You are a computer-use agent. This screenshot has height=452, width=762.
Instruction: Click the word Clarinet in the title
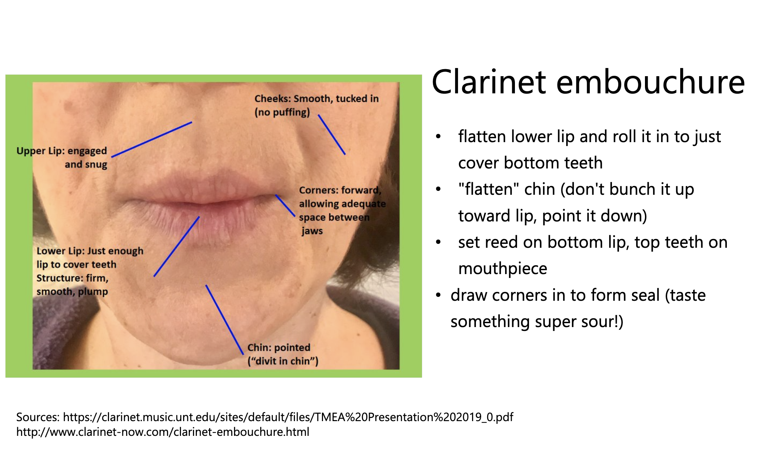[x=489, y=82]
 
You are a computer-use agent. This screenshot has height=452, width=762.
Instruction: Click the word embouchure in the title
[x=650, y=82]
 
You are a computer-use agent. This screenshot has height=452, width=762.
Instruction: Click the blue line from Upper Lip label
[x=151, y=139]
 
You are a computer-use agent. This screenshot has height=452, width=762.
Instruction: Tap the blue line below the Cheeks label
[x=331, y=134]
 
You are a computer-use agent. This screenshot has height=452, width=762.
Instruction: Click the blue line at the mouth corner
[x=285, y=205]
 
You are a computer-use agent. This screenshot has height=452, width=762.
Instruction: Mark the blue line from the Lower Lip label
[x=177, y=246]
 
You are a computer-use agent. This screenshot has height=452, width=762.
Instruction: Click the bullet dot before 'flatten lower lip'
[x=438, y=137]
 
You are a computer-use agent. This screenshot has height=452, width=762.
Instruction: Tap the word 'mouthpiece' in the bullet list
[x=503, y=269]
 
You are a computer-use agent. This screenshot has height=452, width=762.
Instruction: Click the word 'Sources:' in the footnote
[x=38, y=417]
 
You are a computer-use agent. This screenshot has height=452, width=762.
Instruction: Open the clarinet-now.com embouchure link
[x=163, y=432]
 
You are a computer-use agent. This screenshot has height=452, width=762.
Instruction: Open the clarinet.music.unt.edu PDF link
[x=288, y=417]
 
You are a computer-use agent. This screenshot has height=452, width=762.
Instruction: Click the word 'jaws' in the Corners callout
[x=312, y=231]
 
